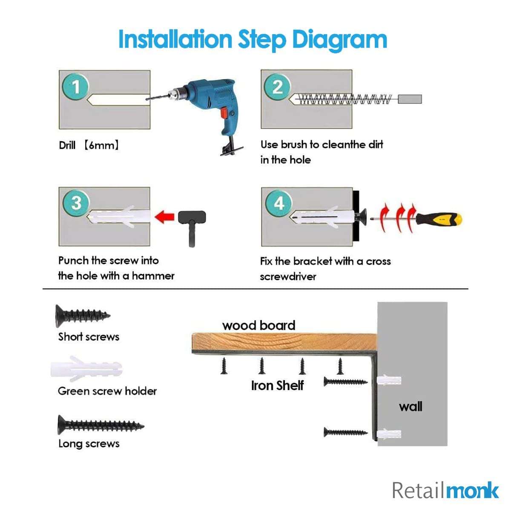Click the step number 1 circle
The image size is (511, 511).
[x=76, y=87]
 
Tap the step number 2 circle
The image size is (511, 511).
[x=277, y=87]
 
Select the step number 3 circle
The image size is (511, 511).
[x=76, y=203]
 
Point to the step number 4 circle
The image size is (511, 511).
[x=278, y=203]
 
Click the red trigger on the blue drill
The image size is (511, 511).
[x=224, y=112]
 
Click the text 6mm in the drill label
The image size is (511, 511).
[x=101, y=145]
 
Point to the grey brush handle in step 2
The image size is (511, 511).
[x=410, y=99]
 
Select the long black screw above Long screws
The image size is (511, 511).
[x=100, y=425]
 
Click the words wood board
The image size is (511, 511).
[x=258, y=325]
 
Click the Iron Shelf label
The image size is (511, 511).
[x=277, y=385]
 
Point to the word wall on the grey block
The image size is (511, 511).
[x=411, y=406]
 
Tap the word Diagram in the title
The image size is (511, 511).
[x=339, y=40]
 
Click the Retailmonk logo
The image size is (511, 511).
[x=445, y=490]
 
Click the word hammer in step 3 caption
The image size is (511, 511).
[x=153, y=276]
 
